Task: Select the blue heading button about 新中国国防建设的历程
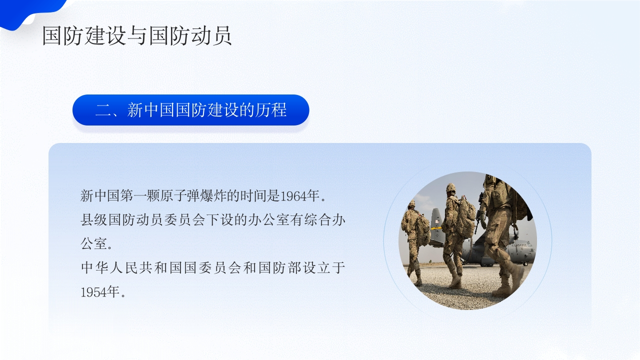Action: point(190,110)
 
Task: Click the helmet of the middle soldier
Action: point(451,187)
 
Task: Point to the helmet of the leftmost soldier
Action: point(411,204)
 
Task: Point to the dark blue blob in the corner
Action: point(30,11)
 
